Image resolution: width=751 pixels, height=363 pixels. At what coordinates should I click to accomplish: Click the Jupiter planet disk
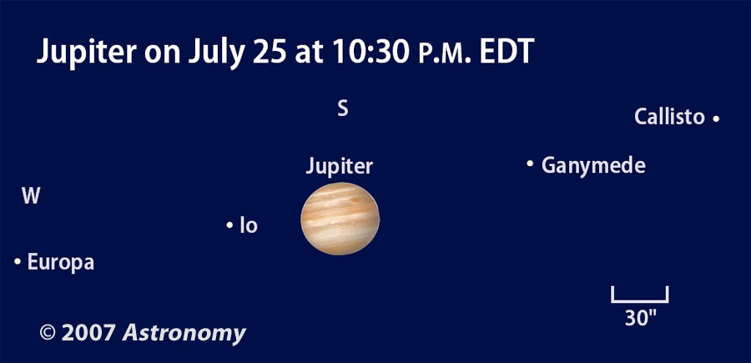click(x=340, y=219)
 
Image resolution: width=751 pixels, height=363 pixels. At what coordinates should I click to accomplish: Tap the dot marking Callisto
click(x=716, y=118)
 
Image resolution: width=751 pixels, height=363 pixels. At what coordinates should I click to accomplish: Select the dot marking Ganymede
click(x=530, y=164)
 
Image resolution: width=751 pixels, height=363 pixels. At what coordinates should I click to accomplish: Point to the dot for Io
click(x=229, y=224)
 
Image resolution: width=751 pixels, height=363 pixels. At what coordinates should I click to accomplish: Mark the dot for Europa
click(x=18, y=261)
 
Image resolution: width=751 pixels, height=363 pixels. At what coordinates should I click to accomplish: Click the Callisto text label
click(x=669, y=117)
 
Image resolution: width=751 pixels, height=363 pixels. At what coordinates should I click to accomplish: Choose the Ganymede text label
click(x=593, y=166)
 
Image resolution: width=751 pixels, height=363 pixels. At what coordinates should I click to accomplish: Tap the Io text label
click(x=249, y=225)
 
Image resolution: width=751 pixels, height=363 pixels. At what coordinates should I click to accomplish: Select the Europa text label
click(x=61, y=262)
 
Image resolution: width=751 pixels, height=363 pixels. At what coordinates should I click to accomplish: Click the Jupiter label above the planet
click(x=340, y=166)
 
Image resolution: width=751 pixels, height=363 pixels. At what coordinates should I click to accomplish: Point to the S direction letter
click(x=342, y=109)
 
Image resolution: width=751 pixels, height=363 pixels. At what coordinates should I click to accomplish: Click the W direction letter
click(x=31, y=196)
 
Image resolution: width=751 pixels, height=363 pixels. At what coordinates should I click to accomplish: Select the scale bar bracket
click(x=639, y=301)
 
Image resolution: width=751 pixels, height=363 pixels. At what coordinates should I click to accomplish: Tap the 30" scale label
click(x=640, y=318)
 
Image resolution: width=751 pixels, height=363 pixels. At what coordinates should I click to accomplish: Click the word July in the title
click(x=217, y=52)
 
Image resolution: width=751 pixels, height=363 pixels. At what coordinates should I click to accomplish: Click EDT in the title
click(x=507, y=52)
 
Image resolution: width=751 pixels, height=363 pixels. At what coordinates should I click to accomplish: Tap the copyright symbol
click(x=48, y=332)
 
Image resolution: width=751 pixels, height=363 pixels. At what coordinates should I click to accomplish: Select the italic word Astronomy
click(x=184, y=333)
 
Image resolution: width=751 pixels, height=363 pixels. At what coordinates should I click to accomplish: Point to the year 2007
click(x=88, y=333)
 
